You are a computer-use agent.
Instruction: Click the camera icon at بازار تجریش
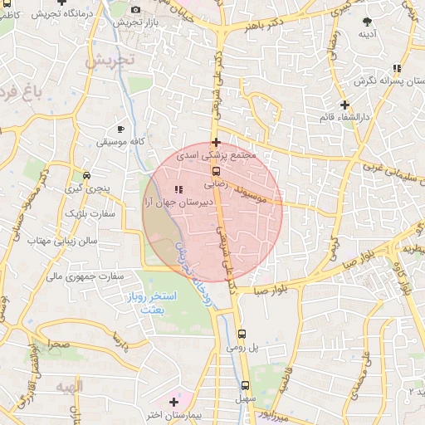(x=136, y=9)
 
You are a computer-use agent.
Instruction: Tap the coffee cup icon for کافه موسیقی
(x=121, y=129)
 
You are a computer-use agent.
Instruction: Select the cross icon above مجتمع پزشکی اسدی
(x=216, y=142)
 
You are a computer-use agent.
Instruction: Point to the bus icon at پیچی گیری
(x=89, y=175)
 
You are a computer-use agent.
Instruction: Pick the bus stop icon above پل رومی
(x=242, y=335)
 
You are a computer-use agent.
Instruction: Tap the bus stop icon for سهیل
(x=244, y=385)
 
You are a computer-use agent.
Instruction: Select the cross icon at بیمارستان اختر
(x=173, y=401)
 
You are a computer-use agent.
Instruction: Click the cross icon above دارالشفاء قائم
(x=344, y=104)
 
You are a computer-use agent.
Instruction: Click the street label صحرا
(x=58, y=342)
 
